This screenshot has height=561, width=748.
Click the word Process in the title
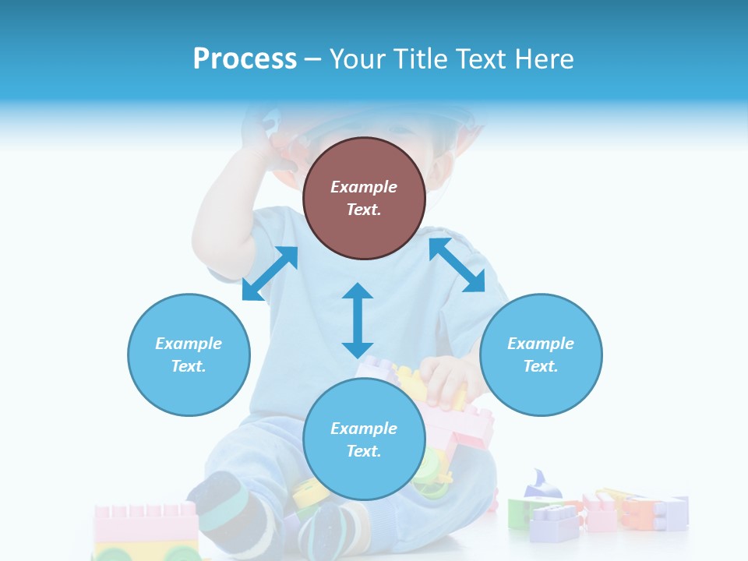click(245, 59)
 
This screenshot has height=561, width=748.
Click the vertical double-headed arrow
click(358, 320)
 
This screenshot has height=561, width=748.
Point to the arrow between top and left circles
click(270, 273)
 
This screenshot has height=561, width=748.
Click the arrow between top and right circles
click(457, 265)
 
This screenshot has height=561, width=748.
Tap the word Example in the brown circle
click(364, 187)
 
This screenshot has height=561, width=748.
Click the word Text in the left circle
click(189, 366)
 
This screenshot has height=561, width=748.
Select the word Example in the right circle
click(541, 344)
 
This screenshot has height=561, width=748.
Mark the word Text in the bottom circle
click(364, 451)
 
